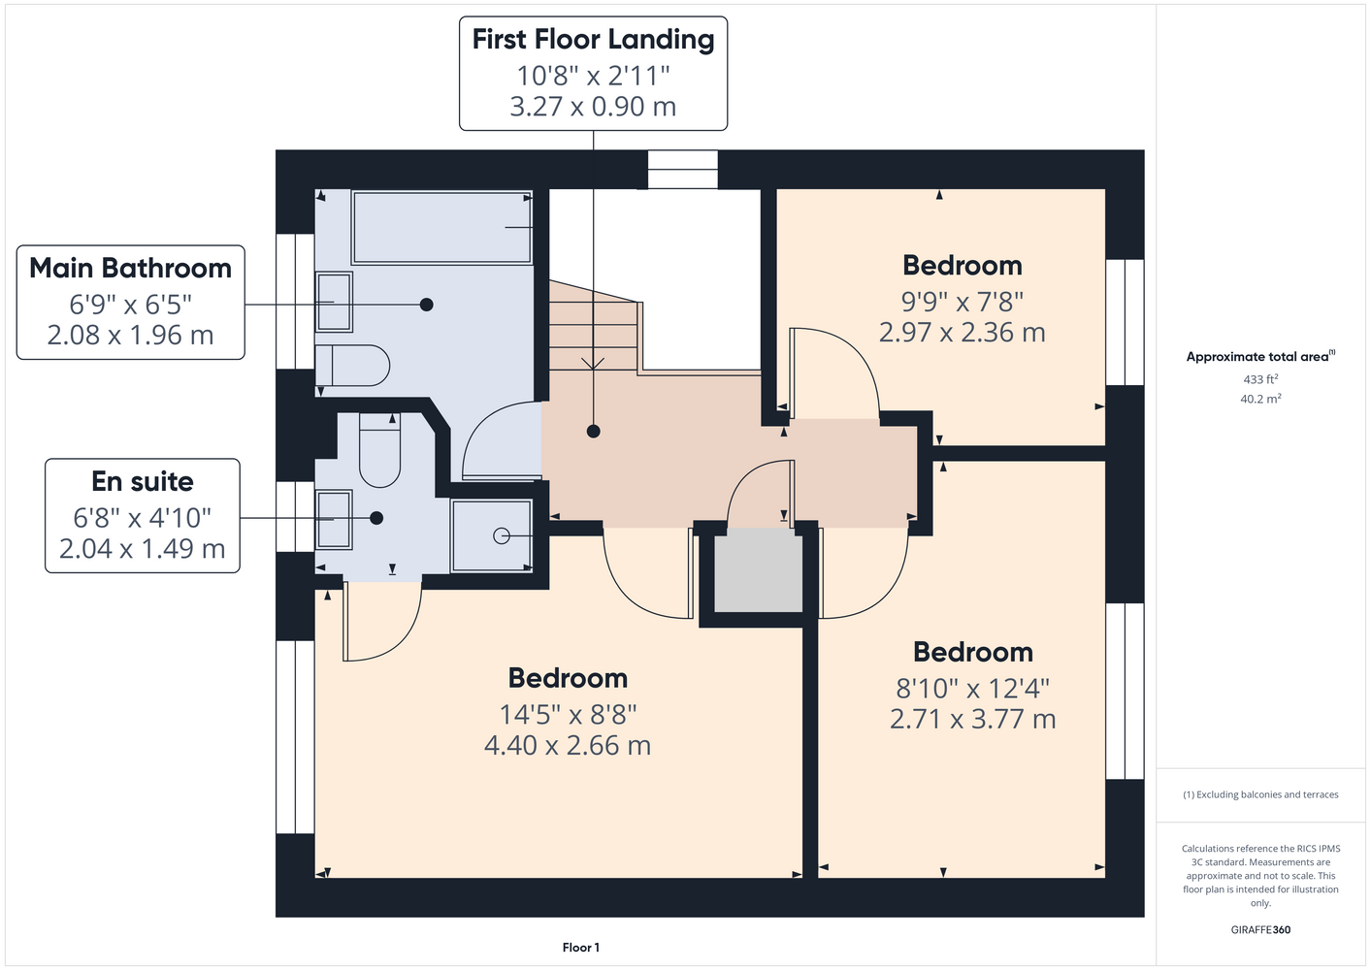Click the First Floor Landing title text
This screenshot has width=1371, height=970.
pos(593,40)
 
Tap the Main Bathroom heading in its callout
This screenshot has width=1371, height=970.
pos(130,268)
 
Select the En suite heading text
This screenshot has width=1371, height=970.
pos(143,481)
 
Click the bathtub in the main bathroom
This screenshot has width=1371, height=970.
pos(441,228)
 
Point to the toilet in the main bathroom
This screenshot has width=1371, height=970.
pos(352,366)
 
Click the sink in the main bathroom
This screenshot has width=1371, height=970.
pos(334,302)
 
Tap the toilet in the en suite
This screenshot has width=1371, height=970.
pos(379,450)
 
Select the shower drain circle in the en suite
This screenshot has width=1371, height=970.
pos(502,536)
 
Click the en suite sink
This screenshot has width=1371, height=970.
pos(334,520)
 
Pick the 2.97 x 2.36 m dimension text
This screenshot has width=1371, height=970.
pos(963,333)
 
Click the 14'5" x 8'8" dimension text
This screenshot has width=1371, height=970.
pos(568,714)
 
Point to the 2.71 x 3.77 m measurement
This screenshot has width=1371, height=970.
pos(972,719)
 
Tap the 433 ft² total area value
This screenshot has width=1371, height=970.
pos(1260,379)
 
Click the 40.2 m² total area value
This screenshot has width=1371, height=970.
pos(1260,399)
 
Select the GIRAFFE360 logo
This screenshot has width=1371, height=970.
pos(1260,929)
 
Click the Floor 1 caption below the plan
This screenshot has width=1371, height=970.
pos(581,948)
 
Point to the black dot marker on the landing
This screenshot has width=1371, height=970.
pos(593,432)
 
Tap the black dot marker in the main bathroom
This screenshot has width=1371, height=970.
pos(427,305)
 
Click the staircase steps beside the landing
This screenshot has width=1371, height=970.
pos(594,328)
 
